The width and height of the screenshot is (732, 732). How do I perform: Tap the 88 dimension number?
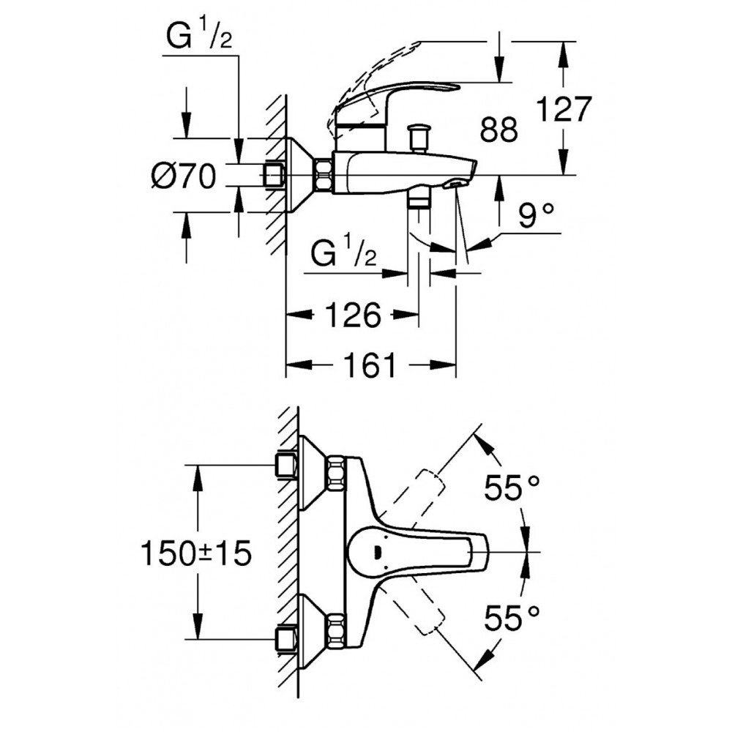[x=499, y=130]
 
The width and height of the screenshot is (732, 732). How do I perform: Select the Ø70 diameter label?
[x=184, y=176]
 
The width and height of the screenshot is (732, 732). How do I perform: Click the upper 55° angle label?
[x=512, y=488]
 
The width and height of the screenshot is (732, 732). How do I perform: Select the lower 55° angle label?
[x=512, y=619]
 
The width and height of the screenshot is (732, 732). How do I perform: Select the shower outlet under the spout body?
[x=419, y=201]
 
